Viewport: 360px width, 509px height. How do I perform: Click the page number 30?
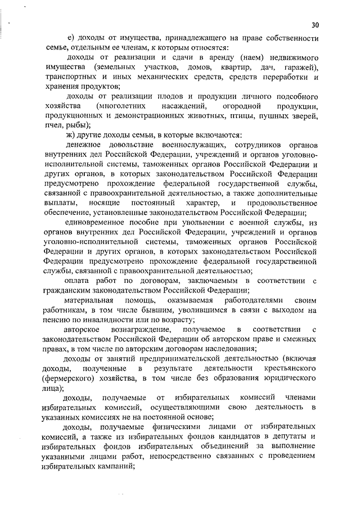tap(314, 25)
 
